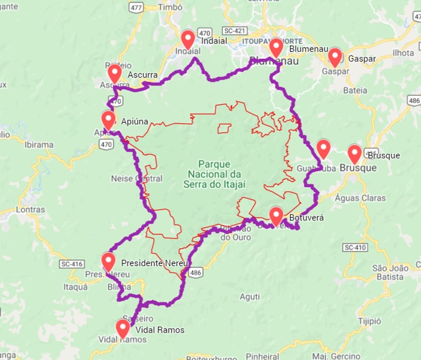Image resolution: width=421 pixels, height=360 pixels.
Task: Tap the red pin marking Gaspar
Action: [335, 56]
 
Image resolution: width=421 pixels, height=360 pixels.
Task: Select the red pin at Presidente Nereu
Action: [108, 261]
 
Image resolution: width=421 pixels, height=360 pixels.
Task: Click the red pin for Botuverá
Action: [276, 215]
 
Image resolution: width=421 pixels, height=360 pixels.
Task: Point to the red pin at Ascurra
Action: [115, 73]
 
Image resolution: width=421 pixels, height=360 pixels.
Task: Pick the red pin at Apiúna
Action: [108, 120]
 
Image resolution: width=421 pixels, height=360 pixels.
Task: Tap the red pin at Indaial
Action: [188, 39]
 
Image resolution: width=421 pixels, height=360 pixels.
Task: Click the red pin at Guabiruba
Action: [324, 148]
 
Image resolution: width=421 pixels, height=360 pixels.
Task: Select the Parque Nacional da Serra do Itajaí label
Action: [214, 174]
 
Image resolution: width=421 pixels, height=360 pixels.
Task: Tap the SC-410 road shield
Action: [355, 247]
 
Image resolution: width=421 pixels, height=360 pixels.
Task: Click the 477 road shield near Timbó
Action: [136, 7]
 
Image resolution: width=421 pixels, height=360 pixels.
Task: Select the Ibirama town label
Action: [39, 145]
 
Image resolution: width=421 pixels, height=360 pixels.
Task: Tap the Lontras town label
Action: [30, 210]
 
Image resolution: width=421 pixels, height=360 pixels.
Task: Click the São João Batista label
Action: [391, 272]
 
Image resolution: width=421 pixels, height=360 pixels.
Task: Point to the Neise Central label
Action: [136, 179]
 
